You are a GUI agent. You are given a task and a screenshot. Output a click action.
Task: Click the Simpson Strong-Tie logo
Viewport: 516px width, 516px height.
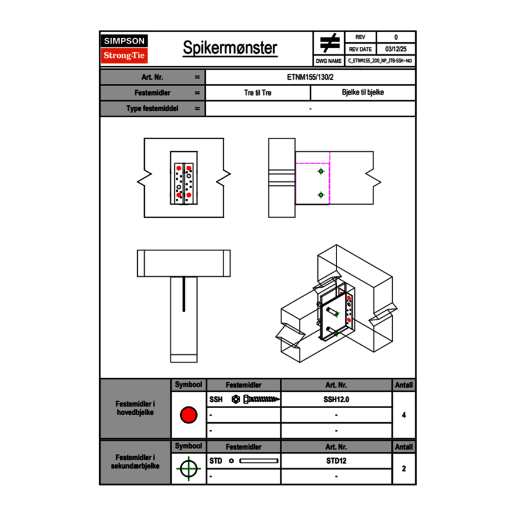coord(125,49)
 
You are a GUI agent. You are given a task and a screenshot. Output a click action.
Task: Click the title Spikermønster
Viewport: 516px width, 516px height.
coord(230,48)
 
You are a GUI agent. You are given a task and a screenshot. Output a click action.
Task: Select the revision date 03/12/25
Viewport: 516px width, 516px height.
coord(396,49)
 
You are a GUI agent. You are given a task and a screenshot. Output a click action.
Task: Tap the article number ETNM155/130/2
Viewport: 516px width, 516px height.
coord(310,77)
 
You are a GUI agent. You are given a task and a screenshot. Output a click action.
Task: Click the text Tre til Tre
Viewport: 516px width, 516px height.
coord(257,93)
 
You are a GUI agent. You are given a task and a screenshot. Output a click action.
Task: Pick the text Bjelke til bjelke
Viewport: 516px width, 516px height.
coord(363,93)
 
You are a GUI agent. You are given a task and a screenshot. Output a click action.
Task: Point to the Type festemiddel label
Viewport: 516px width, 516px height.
coord(152,108)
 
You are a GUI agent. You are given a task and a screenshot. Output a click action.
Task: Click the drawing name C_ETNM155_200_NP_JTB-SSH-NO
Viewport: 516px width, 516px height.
coord(380,60)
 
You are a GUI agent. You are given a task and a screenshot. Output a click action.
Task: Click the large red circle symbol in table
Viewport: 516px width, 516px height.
coord(188,415)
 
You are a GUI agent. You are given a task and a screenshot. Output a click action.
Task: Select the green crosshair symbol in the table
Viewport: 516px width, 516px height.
coord(188,469)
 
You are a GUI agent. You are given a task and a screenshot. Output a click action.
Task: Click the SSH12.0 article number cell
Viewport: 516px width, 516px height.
coord(336,400)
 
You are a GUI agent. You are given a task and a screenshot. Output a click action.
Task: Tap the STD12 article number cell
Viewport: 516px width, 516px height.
coord(336,461)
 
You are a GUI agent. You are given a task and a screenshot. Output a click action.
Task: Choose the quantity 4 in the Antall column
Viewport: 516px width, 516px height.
coord(403,415)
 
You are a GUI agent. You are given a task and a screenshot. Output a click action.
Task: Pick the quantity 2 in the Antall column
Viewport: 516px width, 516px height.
coord(403,469)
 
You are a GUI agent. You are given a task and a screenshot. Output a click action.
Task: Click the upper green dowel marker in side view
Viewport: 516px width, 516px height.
coord(320,171)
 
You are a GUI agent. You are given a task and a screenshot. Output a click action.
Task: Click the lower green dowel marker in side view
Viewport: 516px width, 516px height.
coord(320,195)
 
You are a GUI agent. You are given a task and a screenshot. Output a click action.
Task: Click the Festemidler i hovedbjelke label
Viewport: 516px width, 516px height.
coord(135,409)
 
